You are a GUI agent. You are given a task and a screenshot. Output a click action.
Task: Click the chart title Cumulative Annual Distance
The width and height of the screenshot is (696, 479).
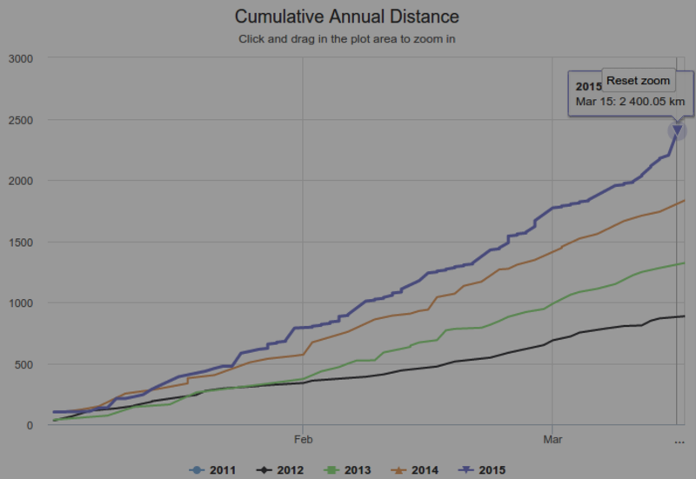347,17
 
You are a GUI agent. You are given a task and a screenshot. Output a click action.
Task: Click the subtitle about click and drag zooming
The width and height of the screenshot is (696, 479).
347,39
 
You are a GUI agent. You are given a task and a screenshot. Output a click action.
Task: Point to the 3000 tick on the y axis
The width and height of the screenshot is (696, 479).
21,58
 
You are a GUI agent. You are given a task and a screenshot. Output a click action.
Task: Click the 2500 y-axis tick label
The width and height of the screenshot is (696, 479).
21,120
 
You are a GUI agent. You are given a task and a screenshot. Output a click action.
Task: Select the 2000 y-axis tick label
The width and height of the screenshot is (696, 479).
21,181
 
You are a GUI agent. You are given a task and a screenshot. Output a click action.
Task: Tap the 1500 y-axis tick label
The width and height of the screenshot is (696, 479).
21,242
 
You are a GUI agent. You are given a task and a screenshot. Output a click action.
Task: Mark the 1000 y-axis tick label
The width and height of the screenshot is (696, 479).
21,303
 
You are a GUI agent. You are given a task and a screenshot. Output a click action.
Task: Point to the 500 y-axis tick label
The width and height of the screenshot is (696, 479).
24,364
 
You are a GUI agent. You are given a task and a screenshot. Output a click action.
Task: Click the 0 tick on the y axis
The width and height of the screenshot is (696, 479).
30,425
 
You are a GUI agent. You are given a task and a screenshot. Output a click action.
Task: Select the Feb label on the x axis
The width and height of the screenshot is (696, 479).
303,440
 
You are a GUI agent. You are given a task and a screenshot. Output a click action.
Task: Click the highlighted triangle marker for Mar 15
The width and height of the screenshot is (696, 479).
677,130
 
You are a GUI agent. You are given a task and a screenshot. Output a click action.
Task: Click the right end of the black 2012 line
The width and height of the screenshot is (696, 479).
684,316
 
